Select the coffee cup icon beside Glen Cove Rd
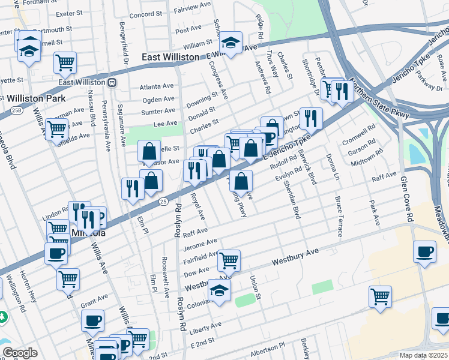(425, 252)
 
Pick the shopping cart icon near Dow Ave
(229, 260)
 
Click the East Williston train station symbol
(112, 82)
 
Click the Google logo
(20, 353)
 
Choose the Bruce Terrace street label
(339, 217)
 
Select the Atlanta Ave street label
(157, 86)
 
